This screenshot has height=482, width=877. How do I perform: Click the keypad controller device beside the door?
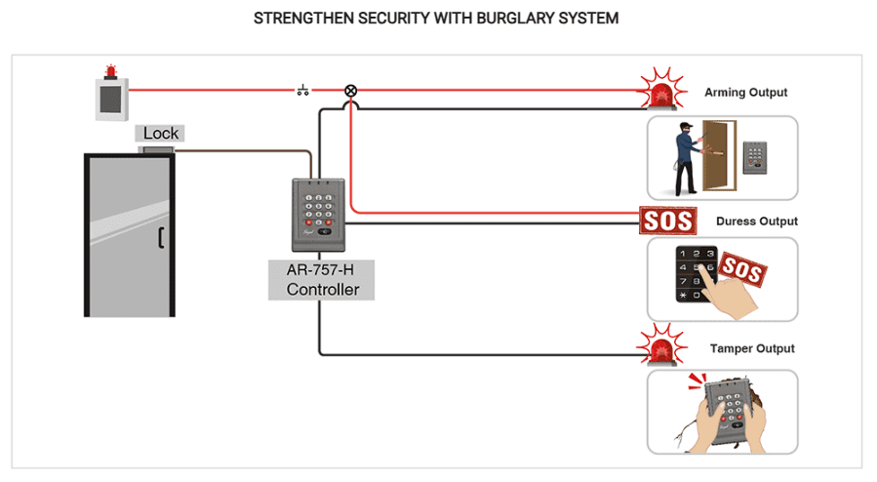click(x=318, y=215)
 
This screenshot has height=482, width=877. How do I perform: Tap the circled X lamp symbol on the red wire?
click(x=350, y=91)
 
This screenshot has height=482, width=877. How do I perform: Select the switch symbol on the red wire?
click(x=303, y=91)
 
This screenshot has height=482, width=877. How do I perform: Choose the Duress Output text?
click(x=756, y=221)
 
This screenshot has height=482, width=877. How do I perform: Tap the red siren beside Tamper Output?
click(x=662, y=347)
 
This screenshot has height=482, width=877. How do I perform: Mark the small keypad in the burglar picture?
click(x=756, y=156)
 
